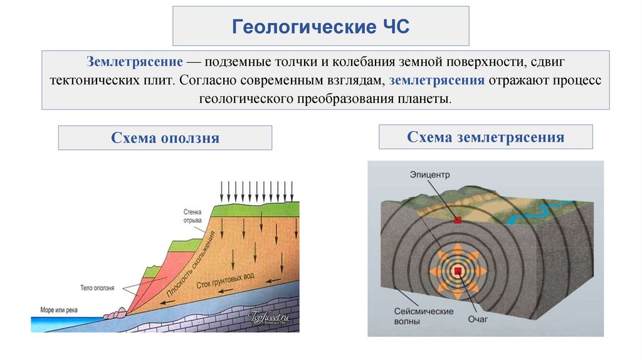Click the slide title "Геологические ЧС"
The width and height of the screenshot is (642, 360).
[x=320, y=27]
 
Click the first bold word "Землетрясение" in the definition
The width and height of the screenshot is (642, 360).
[x=135, y=63]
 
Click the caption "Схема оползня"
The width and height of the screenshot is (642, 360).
[x=165, y=138]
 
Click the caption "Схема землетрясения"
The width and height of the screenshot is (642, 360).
[x=485, y=137]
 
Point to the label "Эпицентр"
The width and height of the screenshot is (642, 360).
[x=431, y=173]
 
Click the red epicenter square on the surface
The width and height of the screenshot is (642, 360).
[x=458, y=220]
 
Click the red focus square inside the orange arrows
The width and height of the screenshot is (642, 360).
[x=458, y=270]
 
